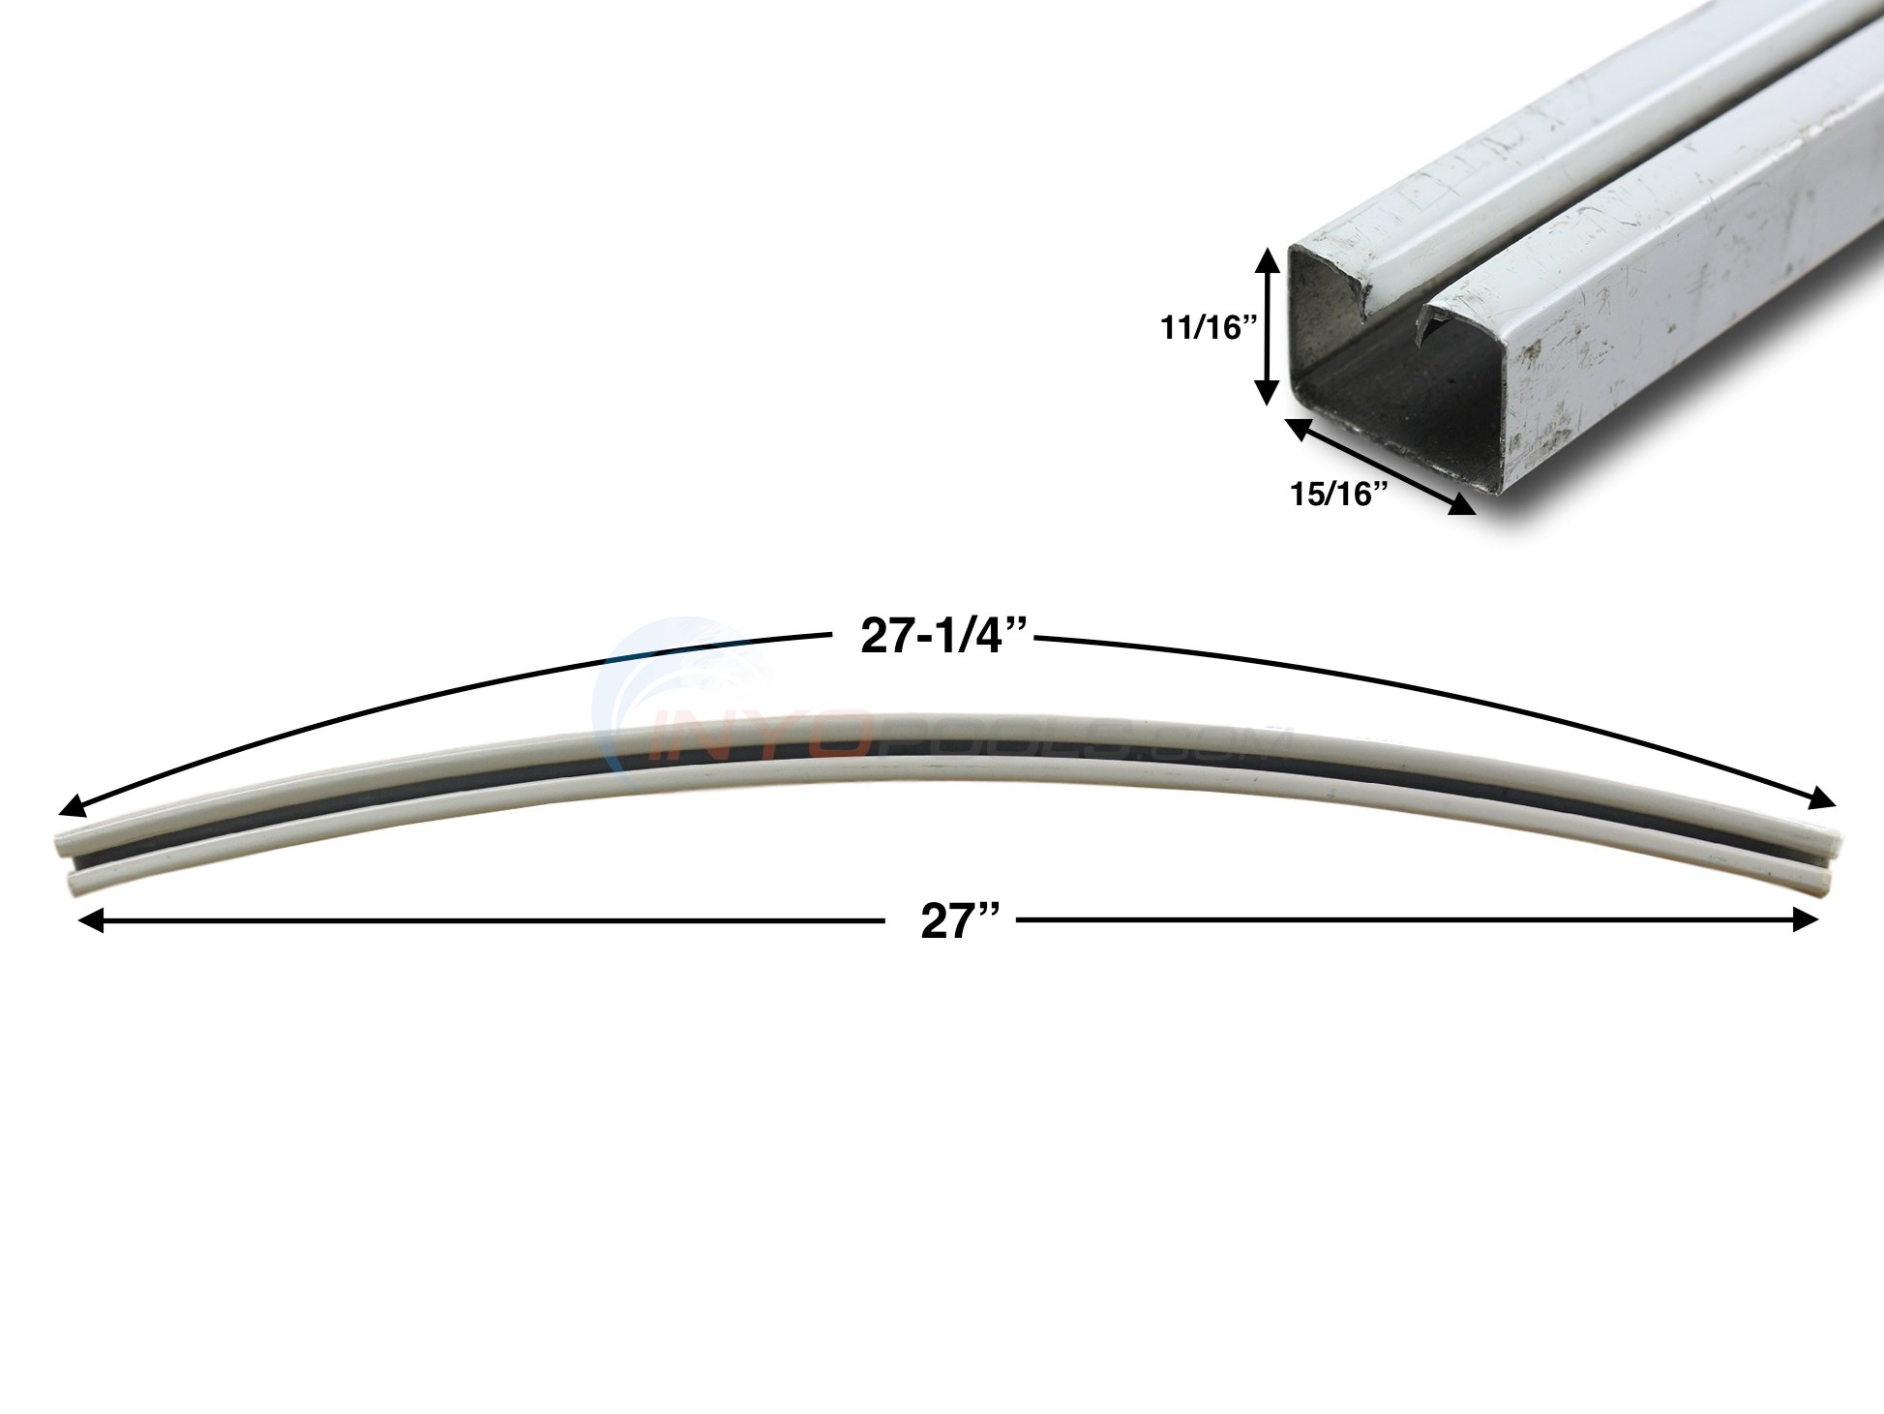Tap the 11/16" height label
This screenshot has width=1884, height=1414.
[x=1208, y=329]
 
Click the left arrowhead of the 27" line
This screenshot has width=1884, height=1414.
[x=89, y=920]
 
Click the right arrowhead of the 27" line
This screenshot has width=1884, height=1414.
[x=1808, y=920]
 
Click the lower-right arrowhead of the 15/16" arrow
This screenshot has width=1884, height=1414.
[x=1463, y=504]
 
